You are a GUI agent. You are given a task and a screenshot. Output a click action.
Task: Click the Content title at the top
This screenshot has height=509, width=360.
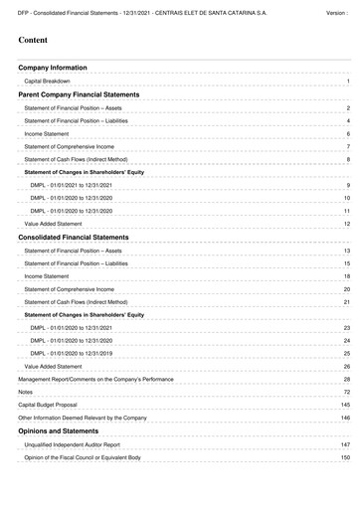35,41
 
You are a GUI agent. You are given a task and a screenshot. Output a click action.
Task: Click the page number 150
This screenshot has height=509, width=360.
345,457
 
